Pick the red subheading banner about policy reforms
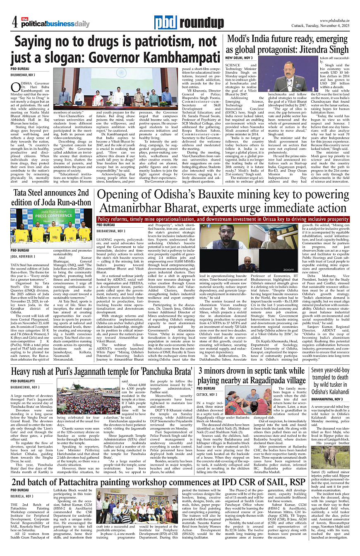(x=223, y=219)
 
